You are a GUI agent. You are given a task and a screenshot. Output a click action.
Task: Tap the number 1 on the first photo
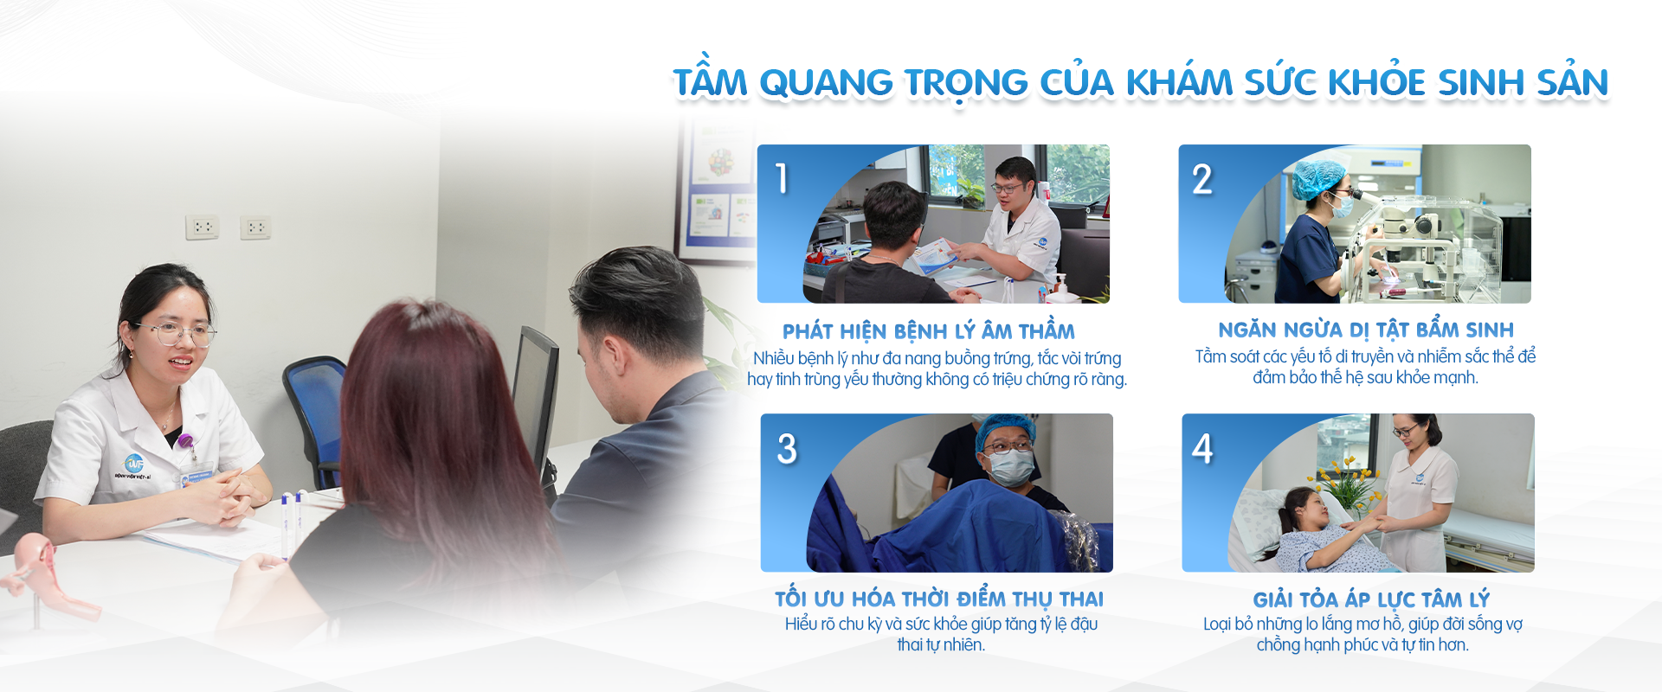(782, 178)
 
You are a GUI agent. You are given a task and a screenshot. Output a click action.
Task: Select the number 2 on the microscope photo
(1202, 179)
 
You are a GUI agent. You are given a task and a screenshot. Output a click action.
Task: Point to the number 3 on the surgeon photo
(786, 448)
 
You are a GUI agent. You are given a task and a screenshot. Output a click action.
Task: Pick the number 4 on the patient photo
(1202, 448)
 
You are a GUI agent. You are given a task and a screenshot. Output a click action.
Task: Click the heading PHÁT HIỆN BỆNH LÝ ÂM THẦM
(929, 331)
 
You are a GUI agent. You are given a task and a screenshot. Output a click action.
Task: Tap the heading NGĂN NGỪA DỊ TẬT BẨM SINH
(1366, 330)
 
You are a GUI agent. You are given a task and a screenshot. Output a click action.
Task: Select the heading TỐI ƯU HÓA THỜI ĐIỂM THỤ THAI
(939, 599)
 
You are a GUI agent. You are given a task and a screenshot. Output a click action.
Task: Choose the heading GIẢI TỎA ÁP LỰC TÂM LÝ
(1371, 599)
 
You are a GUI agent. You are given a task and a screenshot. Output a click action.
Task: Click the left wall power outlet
(203, 227)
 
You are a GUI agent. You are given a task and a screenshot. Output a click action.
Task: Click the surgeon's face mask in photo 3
(1010, 468)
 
